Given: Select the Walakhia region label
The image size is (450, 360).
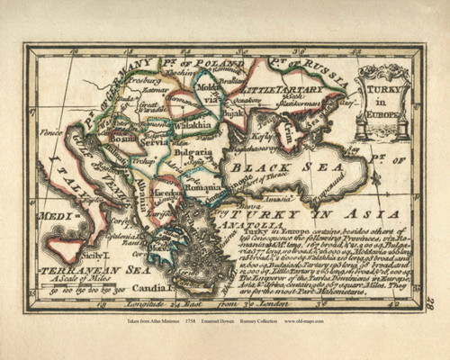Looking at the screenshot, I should coord(192,127).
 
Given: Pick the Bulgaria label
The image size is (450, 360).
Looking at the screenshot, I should coord(203,153).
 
